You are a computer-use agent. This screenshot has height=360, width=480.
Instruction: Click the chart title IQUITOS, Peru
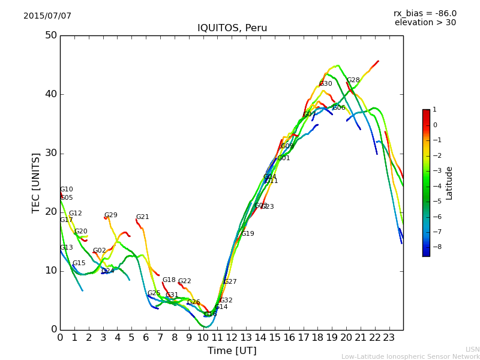click(232, 28)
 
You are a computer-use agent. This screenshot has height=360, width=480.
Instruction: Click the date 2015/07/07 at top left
click(47, 16)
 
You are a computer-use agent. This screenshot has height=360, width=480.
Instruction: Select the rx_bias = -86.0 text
click(425, 13)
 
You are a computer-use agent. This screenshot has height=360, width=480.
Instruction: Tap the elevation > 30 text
click(425, 23)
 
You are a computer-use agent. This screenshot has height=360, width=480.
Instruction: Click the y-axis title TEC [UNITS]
click(36, 182)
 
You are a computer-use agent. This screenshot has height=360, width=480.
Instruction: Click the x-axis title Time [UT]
click(232, 351)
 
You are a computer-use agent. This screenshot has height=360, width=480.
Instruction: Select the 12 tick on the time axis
click(232, 338)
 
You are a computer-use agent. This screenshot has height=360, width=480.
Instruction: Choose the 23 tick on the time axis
click(389, 338)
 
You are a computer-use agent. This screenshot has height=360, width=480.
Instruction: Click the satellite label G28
click(353, 80)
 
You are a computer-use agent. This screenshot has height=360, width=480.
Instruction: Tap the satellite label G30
click(326, 84)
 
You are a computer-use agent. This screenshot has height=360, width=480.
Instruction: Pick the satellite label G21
click(142, 217)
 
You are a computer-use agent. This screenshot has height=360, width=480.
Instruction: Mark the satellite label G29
click(111, 215)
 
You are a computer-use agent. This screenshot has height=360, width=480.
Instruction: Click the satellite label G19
click(248, 234)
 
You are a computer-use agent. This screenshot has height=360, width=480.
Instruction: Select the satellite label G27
click(230, 282)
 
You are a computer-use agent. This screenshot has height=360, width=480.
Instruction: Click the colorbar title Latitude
click(449, 183)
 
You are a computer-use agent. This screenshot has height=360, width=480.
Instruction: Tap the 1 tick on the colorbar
click(435, 110)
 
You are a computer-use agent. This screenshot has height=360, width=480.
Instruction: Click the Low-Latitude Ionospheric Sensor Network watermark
click(410, 357)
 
